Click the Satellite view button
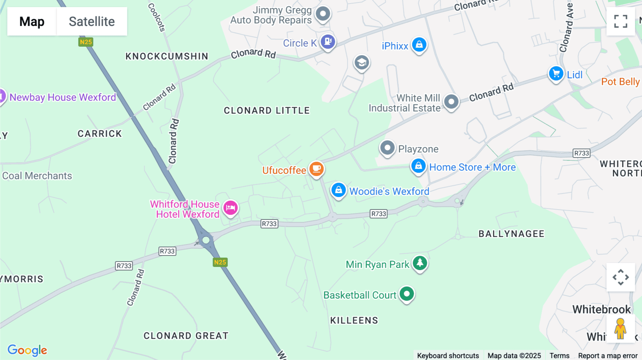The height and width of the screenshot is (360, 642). coord(92,21)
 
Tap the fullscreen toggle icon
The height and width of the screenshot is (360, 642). coord(621,21)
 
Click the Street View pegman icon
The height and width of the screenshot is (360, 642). coord(620,329)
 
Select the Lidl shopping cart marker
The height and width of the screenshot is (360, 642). coord(556,74)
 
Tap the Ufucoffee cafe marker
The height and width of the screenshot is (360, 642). coord(316,168)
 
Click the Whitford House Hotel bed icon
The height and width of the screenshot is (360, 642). coord(230,207)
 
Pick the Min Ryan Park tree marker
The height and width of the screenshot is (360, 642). coord(420,263)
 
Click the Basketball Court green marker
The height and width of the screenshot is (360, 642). coord(407,294)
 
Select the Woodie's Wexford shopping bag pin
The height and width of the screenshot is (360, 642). coord(338,190)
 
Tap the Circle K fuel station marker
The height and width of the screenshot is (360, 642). coord(328,41)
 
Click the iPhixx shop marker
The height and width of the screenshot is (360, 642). coord(419,45)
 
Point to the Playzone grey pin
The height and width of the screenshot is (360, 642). coord(387,148)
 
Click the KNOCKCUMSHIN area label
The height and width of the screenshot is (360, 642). coord(167,56)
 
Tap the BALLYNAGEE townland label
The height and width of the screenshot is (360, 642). coord(511,234)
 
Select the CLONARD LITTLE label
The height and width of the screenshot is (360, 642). coord(267,110)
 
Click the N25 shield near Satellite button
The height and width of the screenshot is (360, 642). coord(86,42)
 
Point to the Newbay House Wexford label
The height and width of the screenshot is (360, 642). coord(63,97)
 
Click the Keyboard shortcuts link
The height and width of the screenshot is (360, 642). coord(448,355)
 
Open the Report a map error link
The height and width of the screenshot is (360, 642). coord(608,355)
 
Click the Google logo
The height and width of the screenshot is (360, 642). coord(27,350)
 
